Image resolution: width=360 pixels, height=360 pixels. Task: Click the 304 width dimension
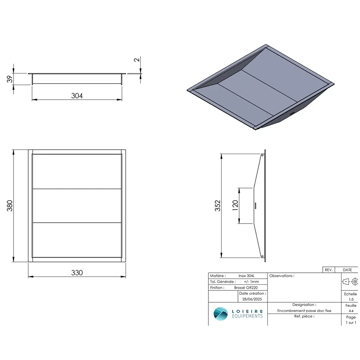(x=77, y=96)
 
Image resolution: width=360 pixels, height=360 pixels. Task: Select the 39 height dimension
(x=10, y=79)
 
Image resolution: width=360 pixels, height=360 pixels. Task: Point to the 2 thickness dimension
(x=137, y=60)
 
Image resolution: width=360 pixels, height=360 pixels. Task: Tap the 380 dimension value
(x=10, y=206)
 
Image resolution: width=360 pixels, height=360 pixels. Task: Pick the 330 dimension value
(x=77, y=272)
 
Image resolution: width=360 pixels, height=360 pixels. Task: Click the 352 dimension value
(x=218, y=206)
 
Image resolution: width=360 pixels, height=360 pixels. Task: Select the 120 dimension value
(x=235, y=206)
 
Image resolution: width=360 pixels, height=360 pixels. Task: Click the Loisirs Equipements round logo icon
(x=221, y=314)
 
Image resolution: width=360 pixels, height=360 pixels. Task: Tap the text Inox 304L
(x=246, y=276)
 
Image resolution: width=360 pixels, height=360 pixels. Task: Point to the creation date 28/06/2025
(x=252, y=299)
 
